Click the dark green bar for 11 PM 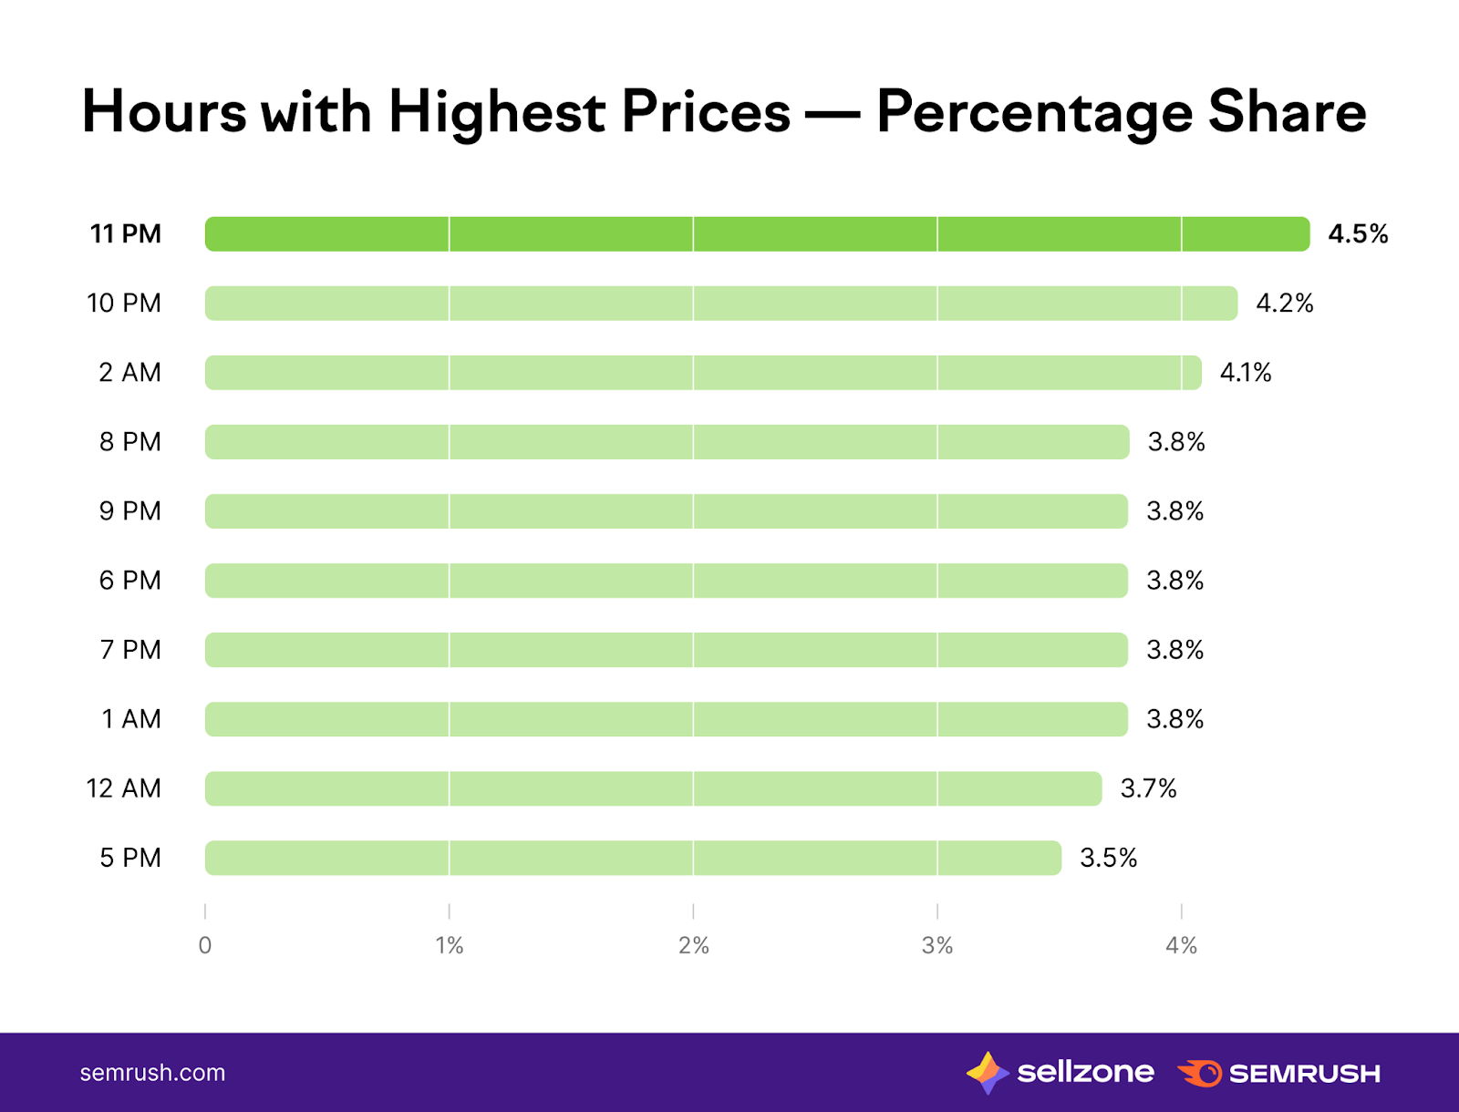pyautogui.click(x=757, y=234)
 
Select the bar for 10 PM pyautogui.click(x=720, y=304)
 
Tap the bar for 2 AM pyautogui.click(x=702, y=373)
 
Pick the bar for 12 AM pyautogui.click(x=653, y=788)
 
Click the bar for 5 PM pyautogui.click(x=633, y=858)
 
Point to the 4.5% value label pyautogui.click(x=1358, y=234)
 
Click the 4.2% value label pyautogui.click(x=1285, y=304)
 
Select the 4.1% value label pyautogui.click(x=1246, y=373)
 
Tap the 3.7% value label pyautogui.click(x=1148, y=788)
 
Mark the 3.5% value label pyautogui.click(x=1108, y=858)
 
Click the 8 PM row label pyautogui.click(x=129, y=442)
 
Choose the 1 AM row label pyautogui.click(x=130, y=719)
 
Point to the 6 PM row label pyautogui.click(x=129, y=581)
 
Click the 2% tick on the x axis pyautogui.click(x=693, y=945)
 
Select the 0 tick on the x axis pyautogui.click(x=205, y=945)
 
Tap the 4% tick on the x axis pyautogui.click(x=1181, y=945)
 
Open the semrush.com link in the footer pyautogui.click(x=152, y=1073)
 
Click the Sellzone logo pyautogui.click(x=1060, y=1073)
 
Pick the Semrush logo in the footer pyautogui.click(x=1278, y=1074)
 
